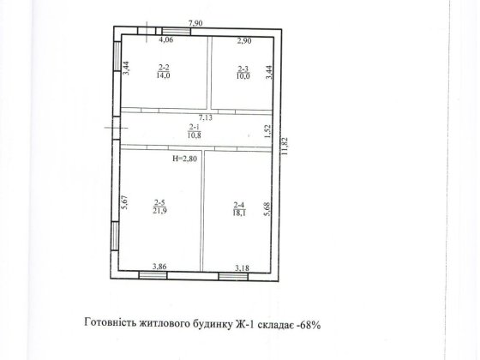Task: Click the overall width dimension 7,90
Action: (x=195, y=23)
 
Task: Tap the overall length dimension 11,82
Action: (x=285, y=146)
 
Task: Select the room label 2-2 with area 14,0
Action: (x=164, y=71)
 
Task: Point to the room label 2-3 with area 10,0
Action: (x=243, y=72)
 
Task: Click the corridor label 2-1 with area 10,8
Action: (x=194, y=131)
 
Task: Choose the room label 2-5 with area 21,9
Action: (x=159, y=207)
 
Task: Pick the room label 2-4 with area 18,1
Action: (x=239, y=209)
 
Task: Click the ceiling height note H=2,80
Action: (x=184, y=159)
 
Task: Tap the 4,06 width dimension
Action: (x=166, y=39)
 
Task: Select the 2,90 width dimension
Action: (x=244, y=41)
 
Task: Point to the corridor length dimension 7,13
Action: (x=205, y=117)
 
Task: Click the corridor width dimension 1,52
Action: (x=267, y=131)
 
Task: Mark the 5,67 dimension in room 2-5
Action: (x=125, y=202)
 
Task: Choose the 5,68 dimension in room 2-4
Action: (x=267, y=209)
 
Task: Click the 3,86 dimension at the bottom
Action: (x=159, y=267)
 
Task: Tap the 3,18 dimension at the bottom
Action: (x=242, y=268)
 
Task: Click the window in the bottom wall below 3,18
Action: (x=233, y=277)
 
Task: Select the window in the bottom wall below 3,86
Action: (x=153, y=275)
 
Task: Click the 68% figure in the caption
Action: (x=309, y=325)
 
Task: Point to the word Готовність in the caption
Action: (x=110, y=322)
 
